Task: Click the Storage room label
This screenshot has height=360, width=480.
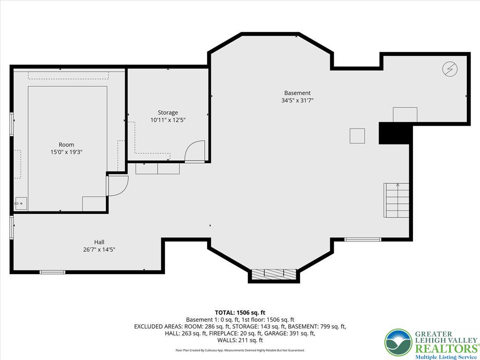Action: [167, 112]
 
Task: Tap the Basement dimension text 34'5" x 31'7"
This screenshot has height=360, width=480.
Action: [297, 100]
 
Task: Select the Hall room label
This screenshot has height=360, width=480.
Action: [99, 242]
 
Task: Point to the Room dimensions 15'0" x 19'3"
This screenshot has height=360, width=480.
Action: [66, 152]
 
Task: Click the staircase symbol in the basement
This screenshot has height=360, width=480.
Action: [397, 200]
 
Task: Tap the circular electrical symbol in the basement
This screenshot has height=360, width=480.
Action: [450, 69]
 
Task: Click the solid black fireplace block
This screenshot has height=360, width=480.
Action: [395, 134]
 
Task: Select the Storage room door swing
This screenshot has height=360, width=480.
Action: [195, 151]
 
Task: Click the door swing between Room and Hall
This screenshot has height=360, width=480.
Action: [117, 186]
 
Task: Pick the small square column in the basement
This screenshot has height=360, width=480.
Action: [357, 136]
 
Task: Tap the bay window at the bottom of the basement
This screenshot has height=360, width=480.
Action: [274, 273]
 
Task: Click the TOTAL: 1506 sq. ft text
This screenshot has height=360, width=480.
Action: [240, 312]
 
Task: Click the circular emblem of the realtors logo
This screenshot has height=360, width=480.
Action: [398, 343]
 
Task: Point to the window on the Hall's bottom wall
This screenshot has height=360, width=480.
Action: [52, 272]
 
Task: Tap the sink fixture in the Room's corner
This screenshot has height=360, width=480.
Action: [20, 203]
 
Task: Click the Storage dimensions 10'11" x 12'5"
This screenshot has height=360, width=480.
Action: [167, 120]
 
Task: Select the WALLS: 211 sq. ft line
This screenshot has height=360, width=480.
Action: [240, 340]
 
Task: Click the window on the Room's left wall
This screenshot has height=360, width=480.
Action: [12, 124]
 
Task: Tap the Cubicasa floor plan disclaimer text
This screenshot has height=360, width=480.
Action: [240, 350]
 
